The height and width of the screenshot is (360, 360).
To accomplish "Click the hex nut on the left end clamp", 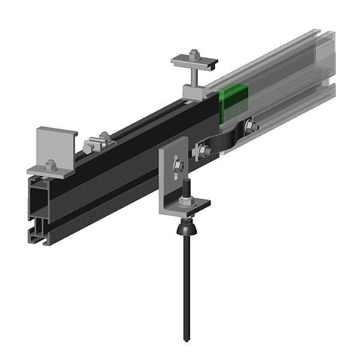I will (50, 164).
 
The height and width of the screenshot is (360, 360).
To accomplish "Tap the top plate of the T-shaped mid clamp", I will (193, 61).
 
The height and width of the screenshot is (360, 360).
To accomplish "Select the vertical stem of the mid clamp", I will (194, 76).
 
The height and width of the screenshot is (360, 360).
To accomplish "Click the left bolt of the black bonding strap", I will (203, 151).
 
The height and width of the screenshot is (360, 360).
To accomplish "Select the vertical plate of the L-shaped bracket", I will (169, 180).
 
